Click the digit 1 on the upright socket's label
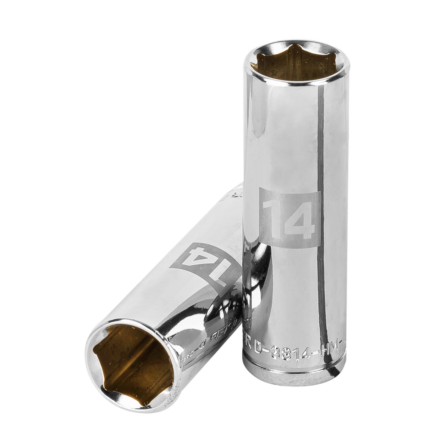click(273, 218)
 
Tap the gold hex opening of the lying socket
click(132, 363)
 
